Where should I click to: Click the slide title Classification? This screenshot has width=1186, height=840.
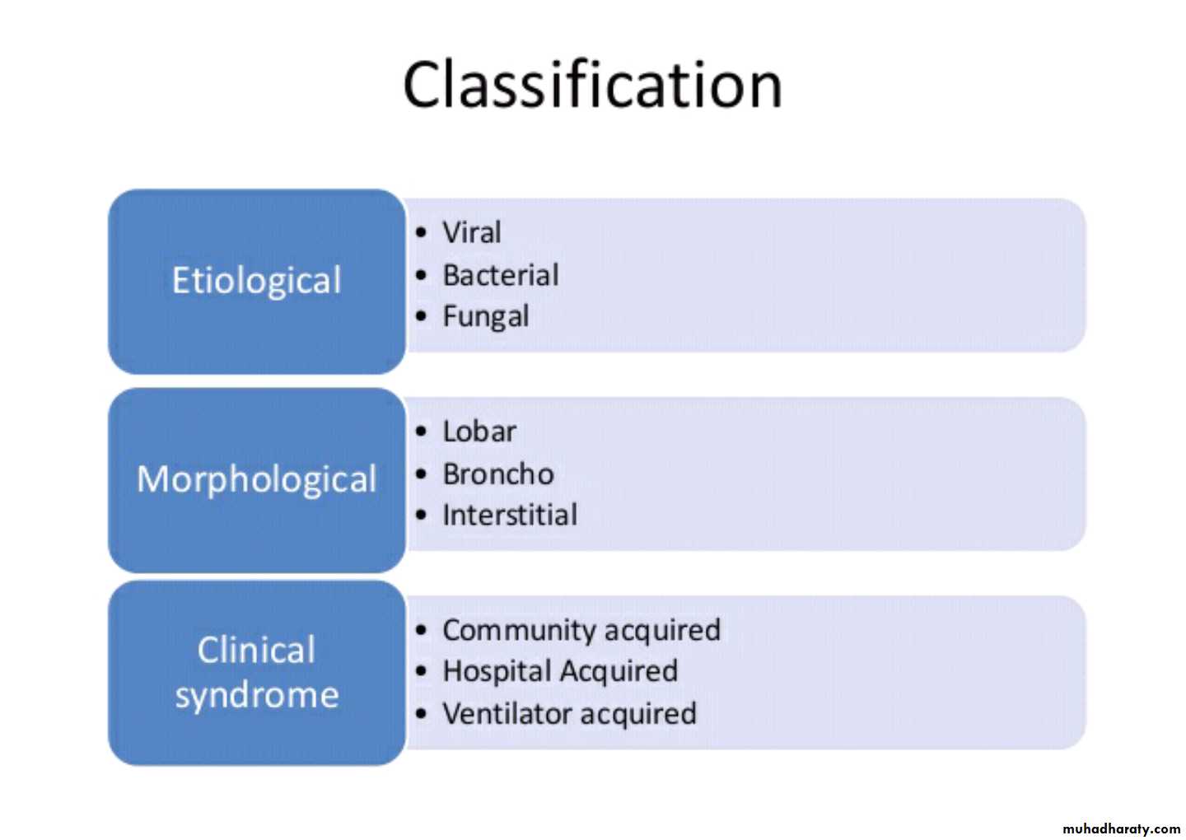(592, 85)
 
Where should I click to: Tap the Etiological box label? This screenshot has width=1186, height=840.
(256, 281)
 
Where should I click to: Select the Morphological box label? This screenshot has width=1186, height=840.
(256, 479)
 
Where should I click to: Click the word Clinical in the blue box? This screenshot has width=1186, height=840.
(256, 650)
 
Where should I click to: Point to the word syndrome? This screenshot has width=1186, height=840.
(257, 696)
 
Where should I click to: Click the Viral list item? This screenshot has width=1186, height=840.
(471, 232)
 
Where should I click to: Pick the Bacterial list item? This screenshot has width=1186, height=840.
(501, 275)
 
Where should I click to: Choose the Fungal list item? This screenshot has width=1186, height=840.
(486, 317)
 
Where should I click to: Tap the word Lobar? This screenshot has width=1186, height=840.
(479, 432)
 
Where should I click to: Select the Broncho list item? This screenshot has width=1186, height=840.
(498, 474)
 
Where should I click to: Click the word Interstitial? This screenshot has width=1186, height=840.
(510, 515)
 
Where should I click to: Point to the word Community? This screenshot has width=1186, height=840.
(520, 630)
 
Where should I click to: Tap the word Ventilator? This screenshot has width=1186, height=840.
(507, 713)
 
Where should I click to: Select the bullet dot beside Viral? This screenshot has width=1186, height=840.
(421, 232)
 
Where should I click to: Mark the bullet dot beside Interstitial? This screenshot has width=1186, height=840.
(421, 515)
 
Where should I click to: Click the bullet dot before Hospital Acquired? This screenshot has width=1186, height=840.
(421, 672)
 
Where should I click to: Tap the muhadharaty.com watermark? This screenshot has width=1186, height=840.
(1122, 828)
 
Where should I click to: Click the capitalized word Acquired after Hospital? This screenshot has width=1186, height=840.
(619, 672)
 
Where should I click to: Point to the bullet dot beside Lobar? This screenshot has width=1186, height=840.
(421, 432)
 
